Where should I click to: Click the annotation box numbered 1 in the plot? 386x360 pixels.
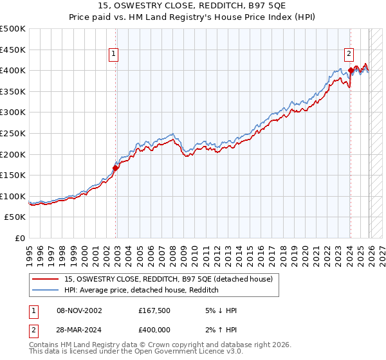(113, 55)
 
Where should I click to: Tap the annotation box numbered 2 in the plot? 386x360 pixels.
(349, 55)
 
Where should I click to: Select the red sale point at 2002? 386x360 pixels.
(116, 168)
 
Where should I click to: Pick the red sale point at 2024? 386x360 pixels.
(351, 70)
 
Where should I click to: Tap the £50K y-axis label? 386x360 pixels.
(15, 217)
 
